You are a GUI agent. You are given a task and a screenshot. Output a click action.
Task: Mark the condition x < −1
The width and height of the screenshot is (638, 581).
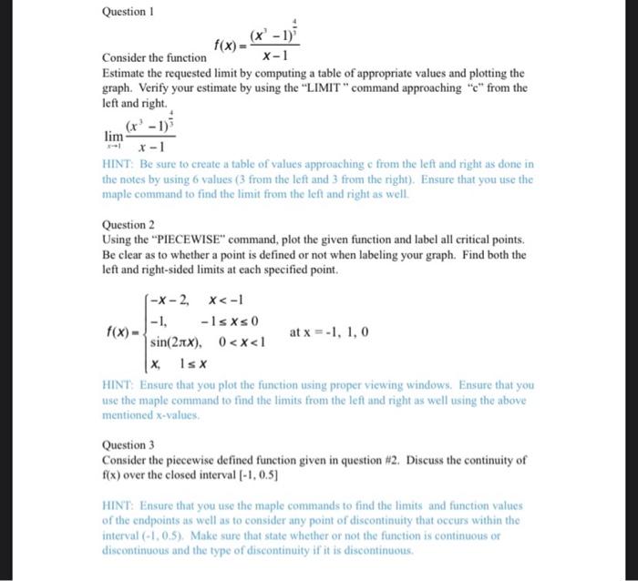point(226,301)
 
